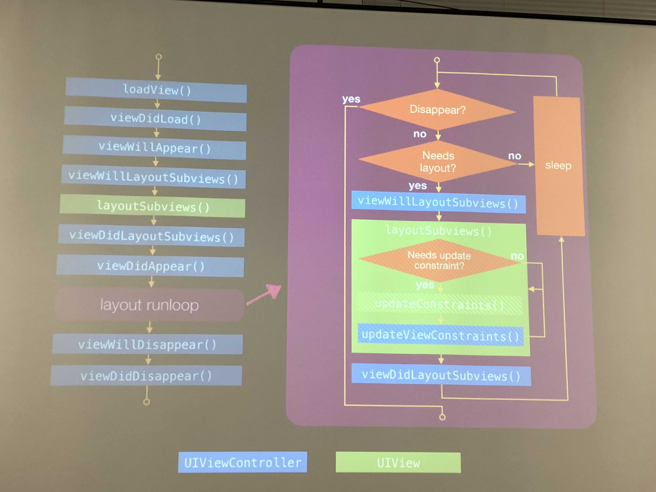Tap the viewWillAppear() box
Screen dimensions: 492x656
(x=155, y=148)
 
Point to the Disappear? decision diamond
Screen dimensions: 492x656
(x=438, y=110)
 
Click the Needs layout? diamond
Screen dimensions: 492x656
(x=438, y=162)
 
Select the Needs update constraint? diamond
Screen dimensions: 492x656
(x=439, y=260)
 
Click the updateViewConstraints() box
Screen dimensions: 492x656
(x=440, y=336)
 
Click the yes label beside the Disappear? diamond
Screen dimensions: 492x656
(x=351, y=99)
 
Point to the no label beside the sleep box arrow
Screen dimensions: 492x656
(x=515, y=156)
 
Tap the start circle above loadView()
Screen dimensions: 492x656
(x=159, y=56)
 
